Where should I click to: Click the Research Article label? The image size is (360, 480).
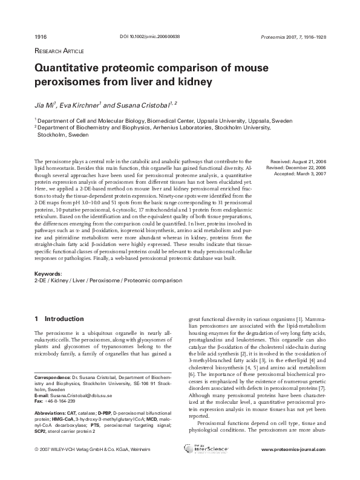pyautogui.click(x=59, y=51)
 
